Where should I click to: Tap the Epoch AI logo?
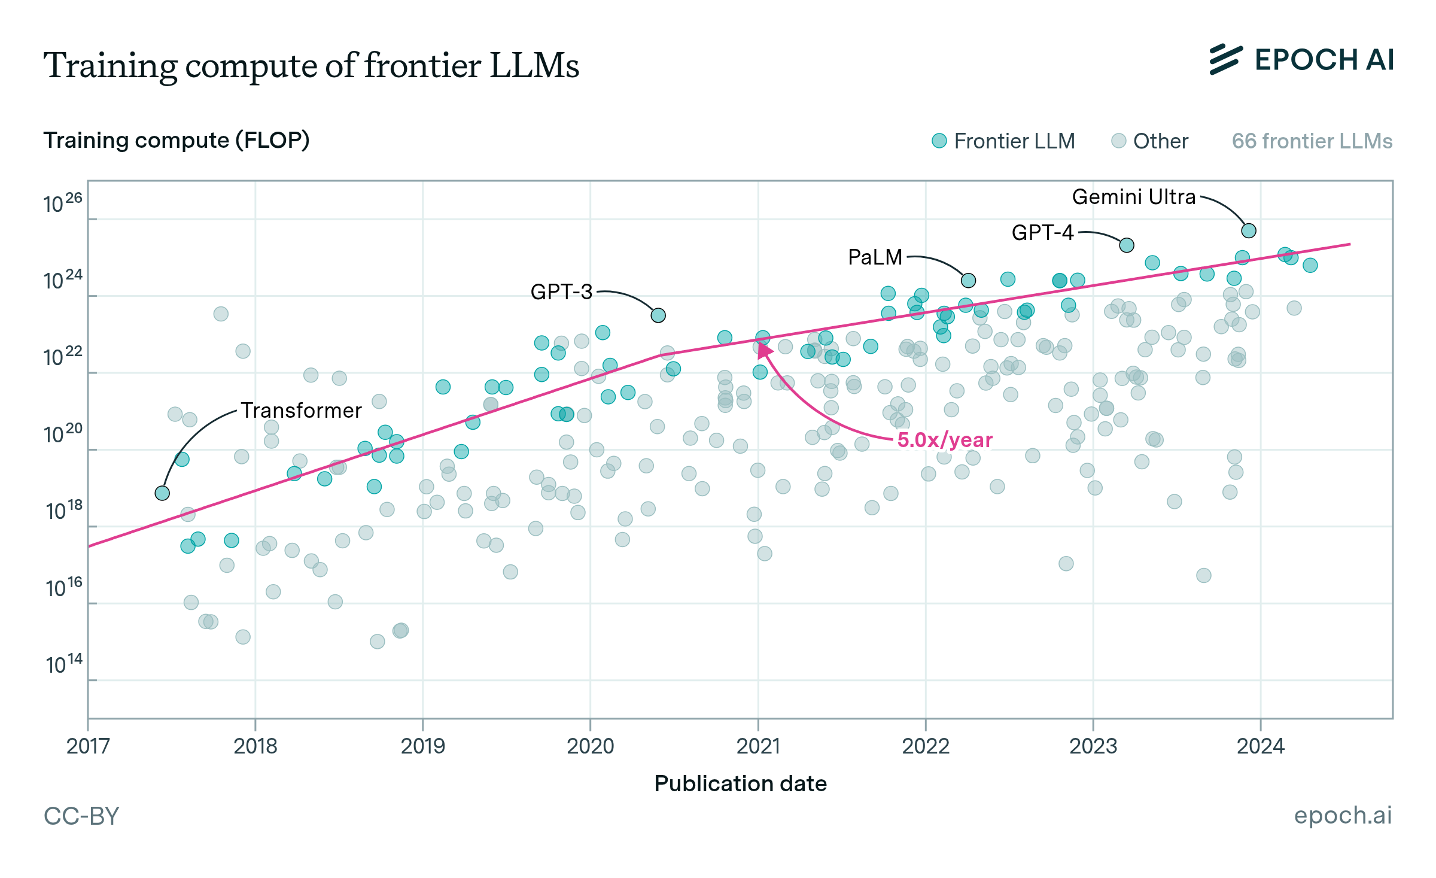(x=1302, y=60)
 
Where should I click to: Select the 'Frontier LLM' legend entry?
(x=1003, y=141)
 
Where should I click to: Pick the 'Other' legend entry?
(x=1149, y=141)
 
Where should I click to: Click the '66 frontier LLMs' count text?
(x=1312, y=141)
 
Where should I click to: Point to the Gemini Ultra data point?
(x=1249, y=230)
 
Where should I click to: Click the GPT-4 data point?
(x=1127, y=245)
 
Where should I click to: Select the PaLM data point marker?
(x=969, y=280)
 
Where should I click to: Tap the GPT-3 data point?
(x=658, y=315)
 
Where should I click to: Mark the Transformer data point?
(x=162, y=493)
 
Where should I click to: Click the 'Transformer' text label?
(x=301, y=411)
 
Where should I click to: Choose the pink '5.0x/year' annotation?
(x=945, y=440)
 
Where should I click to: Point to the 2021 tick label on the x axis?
(x=758, y=746)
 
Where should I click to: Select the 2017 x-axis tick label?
(x=88, y=746)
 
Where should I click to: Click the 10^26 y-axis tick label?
(x=63, y=203)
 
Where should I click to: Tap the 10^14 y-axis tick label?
(x=63, y=664)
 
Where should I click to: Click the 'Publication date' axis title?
(x=740, y=783)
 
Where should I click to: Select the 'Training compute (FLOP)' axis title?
(x=177, y=140)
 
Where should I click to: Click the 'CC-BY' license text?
(x=81, y=816)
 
